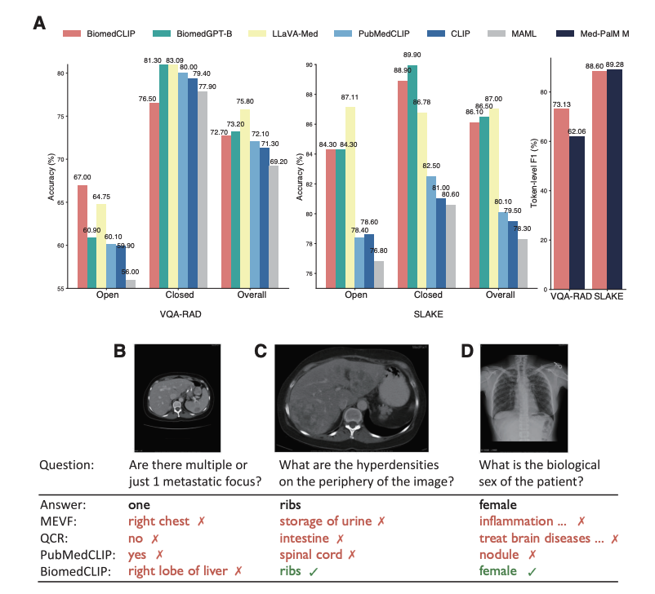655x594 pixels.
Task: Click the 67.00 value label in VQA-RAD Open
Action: (82, 177)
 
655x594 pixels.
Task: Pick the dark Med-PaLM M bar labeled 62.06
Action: (577, 213)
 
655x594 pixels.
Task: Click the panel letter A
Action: (38, 23)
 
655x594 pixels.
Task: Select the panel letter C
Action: (261, 352)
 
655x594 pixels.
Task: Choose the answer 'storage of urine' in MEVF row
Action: (323, 520)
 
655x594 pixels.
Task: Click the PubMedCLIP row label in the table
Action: (72, 555)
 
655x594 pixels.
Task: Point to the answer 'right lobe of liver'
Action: (176, 571)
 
